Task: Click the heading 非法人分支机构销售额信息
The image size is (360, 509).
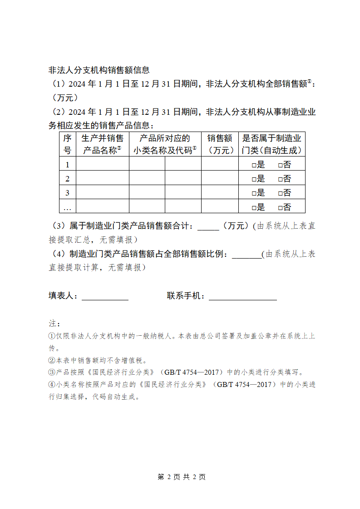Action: tap(99, 70)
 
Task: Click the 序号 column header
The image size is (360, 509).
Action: tap(67, 144)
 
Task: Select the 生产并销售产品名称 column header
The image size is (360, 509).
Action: tap(102, 144)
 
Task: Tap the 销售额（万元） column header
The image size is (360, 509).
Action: tap(220, 144)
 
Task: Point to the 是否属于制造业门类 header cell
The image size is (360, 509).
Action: tap(272, 144)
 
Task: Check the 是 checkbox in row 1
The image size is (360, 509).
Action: tap(254, 165)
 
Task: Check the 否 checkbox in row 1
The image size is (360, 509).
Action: tap(281, 165)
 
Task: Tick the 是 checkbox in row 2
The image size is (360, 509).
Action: tap(254, 179)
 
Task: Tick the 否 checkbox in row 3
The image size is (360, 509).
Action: tap(281, 193)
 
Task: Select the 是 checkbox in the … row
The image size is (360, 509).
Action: tap(254, 208)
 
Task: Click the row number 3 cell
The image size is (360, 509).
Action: tap(67, 193)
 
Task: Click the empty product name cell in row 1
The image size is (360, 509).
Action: tap(102, 164)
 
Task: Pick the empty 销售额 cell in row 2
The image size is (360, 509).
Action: tap(220, 178)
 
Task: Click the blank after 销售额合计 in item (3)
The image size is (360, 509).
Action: tap(208, 226)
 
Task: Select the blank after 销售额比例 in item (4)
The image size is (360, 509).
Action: tap(247, 254)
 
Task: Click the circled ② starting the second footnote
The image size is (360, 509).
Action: tap(52, 361)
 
